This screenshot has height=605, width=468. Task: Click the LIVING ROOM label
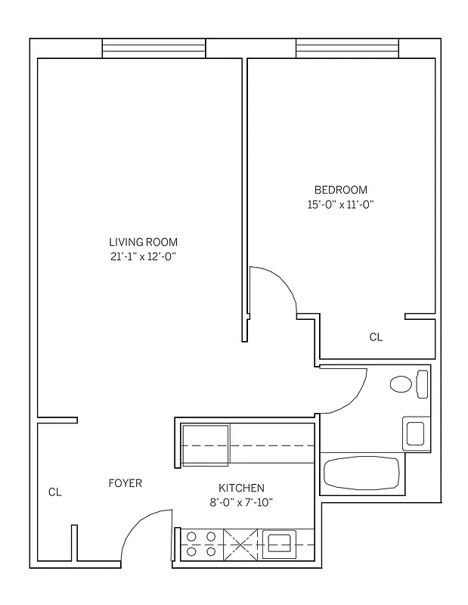143,242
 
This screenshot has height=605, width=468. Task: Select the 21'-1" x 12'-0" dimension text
143,257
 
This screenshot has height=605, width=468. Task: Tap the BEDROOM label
340,189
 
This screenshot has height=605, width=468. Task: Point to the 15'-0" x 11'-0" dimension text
340,203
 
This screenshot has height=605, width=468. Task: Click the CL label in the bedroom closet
376,337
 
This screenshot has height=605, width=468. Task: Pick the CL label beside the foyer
54,492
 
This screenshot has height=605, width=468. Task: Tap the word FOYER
125,483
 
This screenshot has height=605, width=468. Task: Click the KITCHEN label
241,488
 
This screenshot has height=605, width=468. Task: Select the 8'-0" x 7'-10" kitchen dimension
241,502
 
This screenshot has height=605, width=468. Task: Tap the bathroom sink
416,433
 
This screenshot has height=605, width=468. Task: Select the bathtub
361,473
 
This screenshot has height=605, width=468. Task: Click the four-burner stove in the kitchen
201,544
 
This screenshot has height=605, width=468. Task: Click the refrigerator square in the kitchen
205,446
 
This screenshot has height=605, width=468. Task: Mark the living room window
153,48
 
